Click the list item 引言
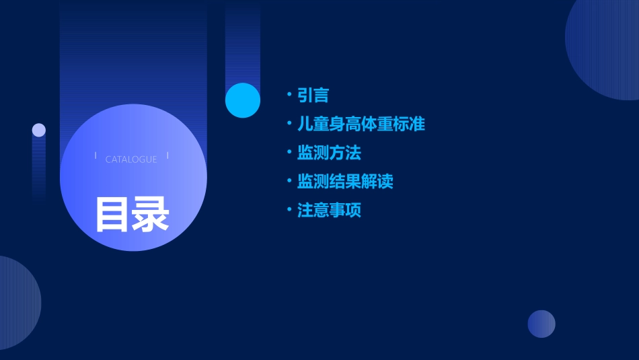(313, 96)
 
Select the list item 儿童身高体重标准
(361, 124)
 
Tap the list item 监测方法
(329, 153)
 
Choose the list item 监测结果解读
(345, 182)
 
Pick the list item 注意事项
(329, 211)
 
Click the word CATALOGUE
(131, 159)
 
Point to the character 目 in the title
(112, 215)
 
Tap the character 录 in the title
(151, 215)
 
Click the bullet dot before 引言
(289, 95)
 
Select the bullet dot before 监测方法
(289, 153)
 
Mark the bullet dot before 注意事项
(289, 210)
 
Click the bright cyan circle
(243, 100)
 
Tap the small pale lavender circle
(39, 130)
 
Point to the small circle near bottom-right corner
(541, 324)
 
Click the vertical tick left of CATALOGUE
(96, 156)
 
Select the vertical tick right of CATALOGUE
(167, 156)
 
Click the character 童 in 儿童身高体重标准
(321, 124)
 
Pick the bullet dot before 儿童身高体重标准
(289, 124)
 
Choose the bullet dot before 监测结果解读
(289, 181)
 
